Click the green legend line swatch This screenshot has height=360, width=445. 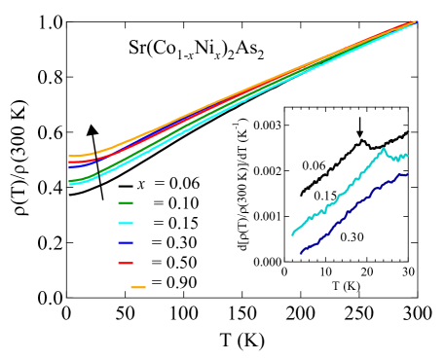pyautogui.click(x=126, y=203)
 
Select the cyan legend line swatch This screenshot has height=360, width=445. pyautogui.click(x=126, y=223)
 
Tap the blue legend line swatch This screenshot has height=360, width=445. pyautogui.click(x=126, y=242)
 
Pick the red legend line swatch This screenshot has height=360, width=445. pyautogui.click(x=126, y=263)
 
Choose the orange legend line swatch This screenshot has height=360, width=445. pyautogui.click(x=138, y=287)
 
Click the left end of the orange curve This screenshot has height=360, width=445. pyautogui.click(x=69, y=156)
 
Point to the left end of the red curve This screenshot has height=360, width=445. pyautogui.click(x=69, y=162)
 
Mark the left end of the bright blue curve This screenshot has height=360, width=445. pyautogui.click(x=69, y=167)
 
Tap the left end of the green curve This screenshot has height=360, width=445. pyautogui.click(x=69, y=180)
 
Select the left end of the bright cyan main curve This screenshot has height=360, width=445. pyautogui.click(x=70, y=183)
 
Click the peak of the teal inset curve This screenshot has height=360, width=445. pyautogui.click(x=384, y=149)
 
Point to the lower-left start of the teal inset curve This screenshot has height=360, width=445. pyautogui.click(x=292, y=234)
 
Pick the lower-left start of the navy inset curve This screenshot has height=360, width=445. pyautogui.click(x=301, y=253)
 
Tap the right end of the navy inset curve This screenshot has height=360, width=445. pyautogui.click(x=407, y=175)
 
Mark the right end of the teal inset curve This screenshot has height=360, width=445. pyautogui.click(x=407, y=155)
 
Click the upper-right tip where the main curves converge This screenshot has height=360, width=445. pyautogui.click(x=416, y=21)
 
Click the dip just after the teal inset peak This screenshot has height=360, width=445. pyautogui.click(x=396, y=160)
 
